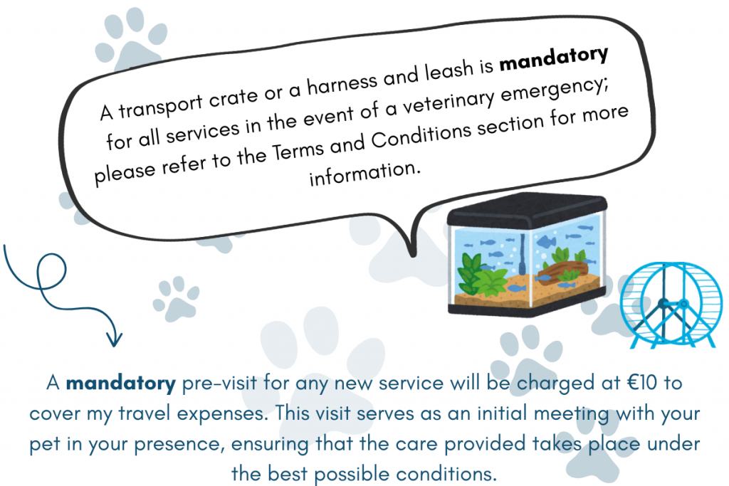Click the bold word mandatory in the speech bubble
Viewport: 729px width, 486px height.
554,60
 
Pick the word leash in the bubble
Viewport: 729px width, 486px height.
449,70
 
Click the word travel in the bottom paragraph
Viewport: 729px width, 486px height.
144,413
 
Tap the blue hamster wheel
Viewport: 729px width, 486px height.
671,305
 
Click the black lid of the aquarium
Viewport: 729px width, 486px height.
528,210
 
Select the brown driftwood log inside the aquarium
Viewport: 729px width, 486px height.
562,270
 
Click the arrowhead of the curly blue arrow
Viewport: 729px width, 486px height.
114,339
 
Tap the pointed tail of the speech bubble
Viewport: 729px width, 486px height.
412,254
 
